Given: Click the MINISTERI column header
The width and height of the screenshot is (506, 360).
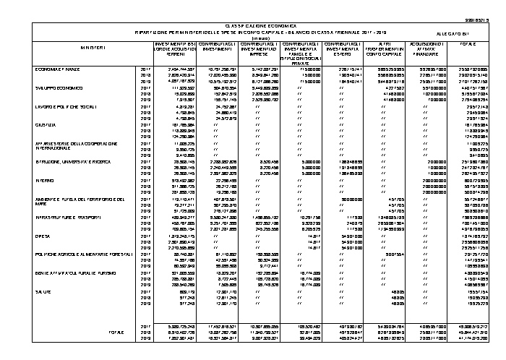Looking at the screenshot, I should [93, 48].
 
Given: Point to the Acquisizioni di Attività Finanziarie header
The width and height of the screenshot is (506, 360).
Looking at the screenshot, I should [420, 48].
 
